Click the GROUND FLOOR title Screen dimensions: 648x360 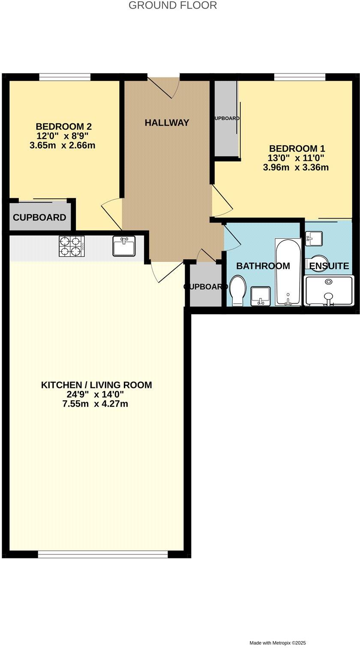point(173,6)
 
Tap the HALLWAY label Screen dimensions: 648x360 point(167,123)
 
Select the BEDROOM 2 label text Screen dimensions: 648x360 point(63,127)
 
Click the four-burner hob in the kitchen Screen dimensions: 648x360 point(72,247)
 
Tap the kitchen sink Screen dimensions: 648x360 point(124,246)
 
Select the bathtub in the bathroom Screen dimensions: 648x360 point(288,273)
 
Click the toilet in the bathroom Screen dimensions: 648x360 point(237,290)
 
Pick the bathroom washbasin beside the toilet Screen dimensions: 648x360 point(260,296)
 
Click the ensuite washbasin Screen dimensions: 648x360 point(314,238)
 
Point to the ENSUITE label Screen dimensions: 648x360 point(329,266)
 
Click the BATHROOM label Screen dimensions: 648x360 point(263,266)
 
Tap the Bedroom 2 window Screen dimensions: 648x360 point(65,77)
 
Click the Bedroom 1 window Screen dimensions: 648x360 point(300,77)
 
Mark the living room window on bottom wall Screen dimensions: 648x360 point(103,555)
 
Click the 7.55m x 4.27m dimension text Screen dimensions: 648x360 point(95,404)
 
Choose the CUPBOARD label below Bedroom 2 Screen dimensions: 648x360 point(39,218)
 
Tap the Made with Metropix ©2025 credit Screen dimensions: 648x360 point(278,643)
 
